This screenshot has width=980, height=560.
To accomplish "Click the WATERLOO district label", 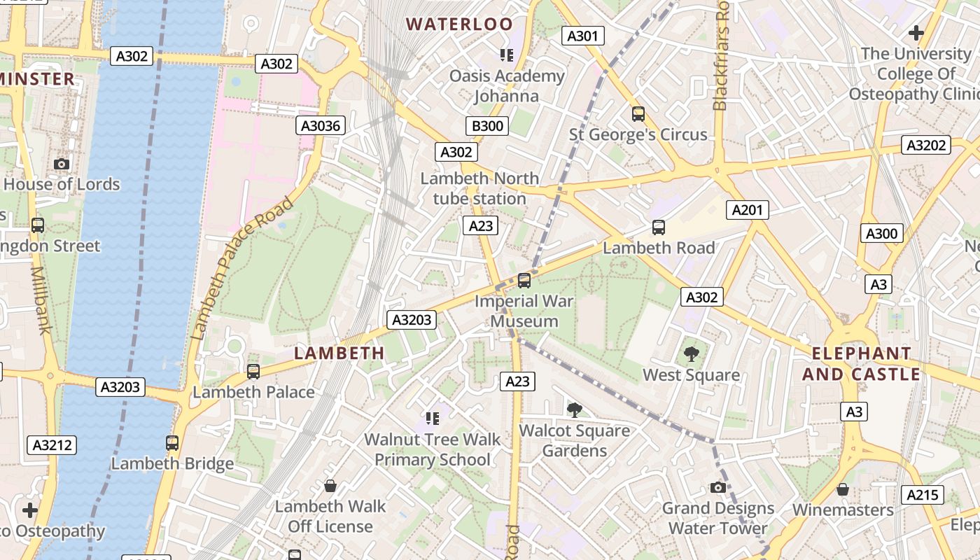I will (x=460, y=24).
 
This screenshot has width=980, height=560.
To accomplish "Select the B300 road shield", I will (x=486, y=126).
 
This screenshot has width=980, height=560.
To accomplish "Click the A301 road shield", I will (x=583, y=36).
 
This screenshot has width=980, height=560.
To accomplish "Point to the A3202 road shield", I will (x=927, y=146).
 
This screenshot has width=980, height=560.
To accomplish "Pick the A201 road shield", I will (x=748, y=209).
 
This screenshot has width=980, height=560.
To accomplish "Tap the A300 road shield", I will (x=881, y=234).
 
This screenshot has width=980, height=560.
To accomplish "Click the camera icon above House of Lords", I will (x=62, y=164).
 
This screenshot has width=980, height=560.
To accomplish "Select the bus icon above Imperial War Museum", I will (x=524, y=281).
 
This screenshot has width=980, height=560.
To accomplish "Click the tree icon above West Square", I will (x=692, y=353).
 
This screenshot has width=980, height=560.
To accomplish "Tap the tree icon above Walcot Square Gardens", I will (x=575, y=409).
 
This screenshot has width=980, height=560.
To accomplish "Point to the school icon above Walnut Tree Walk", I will (x=433, y=419).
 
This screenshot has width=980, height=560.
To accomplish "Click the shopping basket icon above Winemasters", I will (x=843, y=489).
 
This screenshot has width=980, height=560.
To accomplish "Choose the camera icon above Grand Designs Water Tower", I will (x=717, y=487).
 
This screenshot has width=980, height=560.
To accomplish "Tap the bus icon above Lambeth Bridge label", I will (x=172, y=442).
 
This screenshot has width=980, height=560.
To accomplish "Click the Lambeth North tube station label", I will (x=479, y=188).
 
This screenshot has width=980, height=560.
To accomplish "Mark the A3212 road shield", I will (x=52, y=445).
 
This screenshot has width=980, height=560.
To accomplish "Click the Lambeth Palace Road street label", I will (x=242, y=269).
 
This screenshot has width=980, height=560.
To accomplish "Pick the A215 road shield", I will (x=922, y=495).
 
